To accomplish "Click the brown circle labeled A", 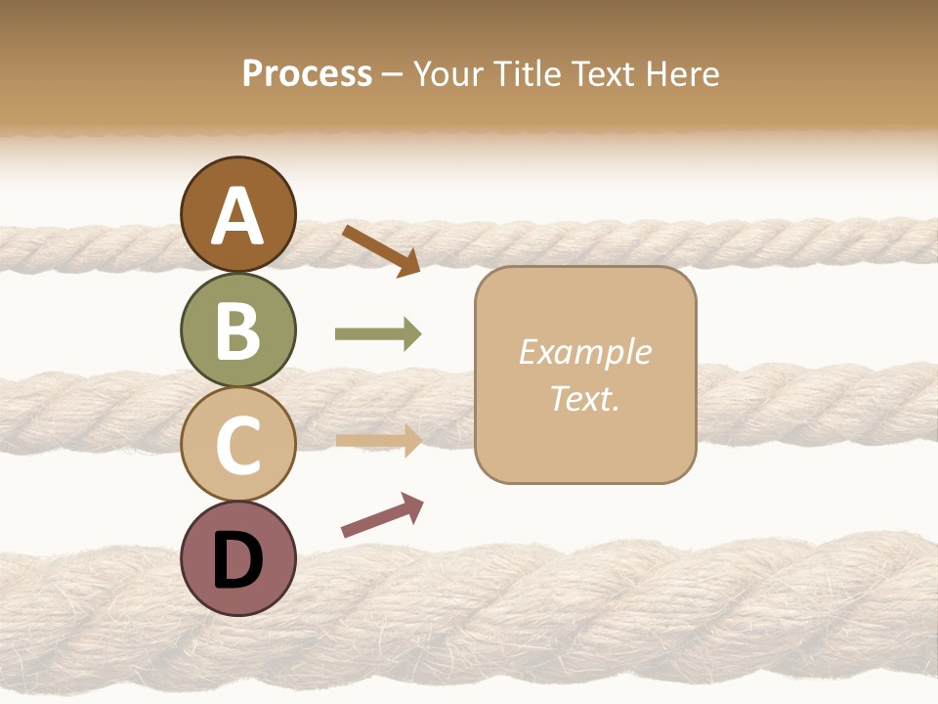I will [x=238, y=214].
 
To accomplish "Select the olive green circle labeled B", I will [x=238, y=330].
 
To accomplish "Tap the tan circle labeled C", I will [x=238, y=444].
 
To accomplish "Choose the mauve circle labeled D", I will [x=238, y=558].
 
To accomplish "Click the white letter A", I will [x=238, y=216].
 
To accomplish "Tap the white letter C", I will [x=238, y=445].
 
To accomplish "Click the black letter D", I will [x=238, y=559].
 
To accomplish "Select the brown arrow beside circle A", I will [x=381, y=250].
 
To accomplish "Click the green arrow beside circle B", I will [x=378, y=334].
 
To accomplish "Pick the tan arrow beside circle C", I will [x=378, y=440].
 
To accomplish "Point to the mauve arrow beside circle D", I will [x=382, y=515].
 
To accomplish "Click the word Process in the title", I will [x=307, y=73].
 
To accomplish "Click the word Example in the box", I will [x=585, y=352].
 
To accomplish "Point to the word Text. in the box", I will [x=585, y=399].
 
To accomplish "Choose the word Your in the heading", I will [x=448, y=73].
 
